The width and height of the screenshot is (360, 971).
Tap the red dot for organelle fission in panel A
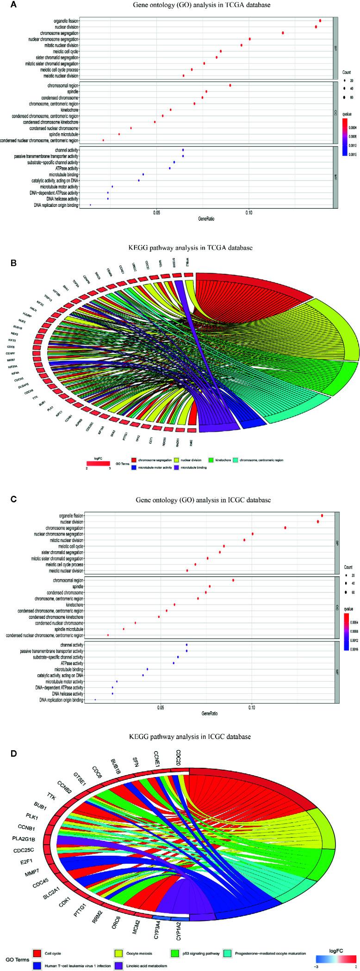tap(320, 21)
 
